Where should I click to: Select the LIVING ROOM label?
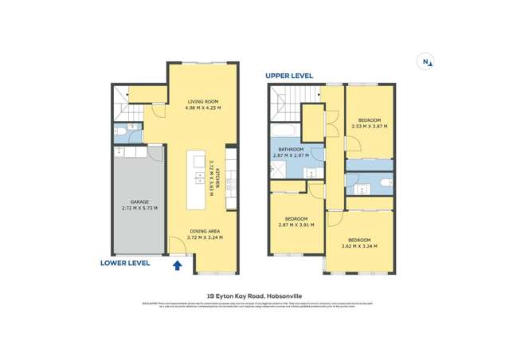pos(203,102)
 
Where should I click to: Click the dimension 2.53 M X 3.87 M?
pos(369,127)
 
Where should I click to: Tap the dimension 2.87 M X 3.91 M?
pos(296,225)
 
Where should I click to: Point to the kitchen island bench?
pos(194,176)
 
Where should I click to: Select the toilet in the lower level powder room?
pos(119,132)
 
